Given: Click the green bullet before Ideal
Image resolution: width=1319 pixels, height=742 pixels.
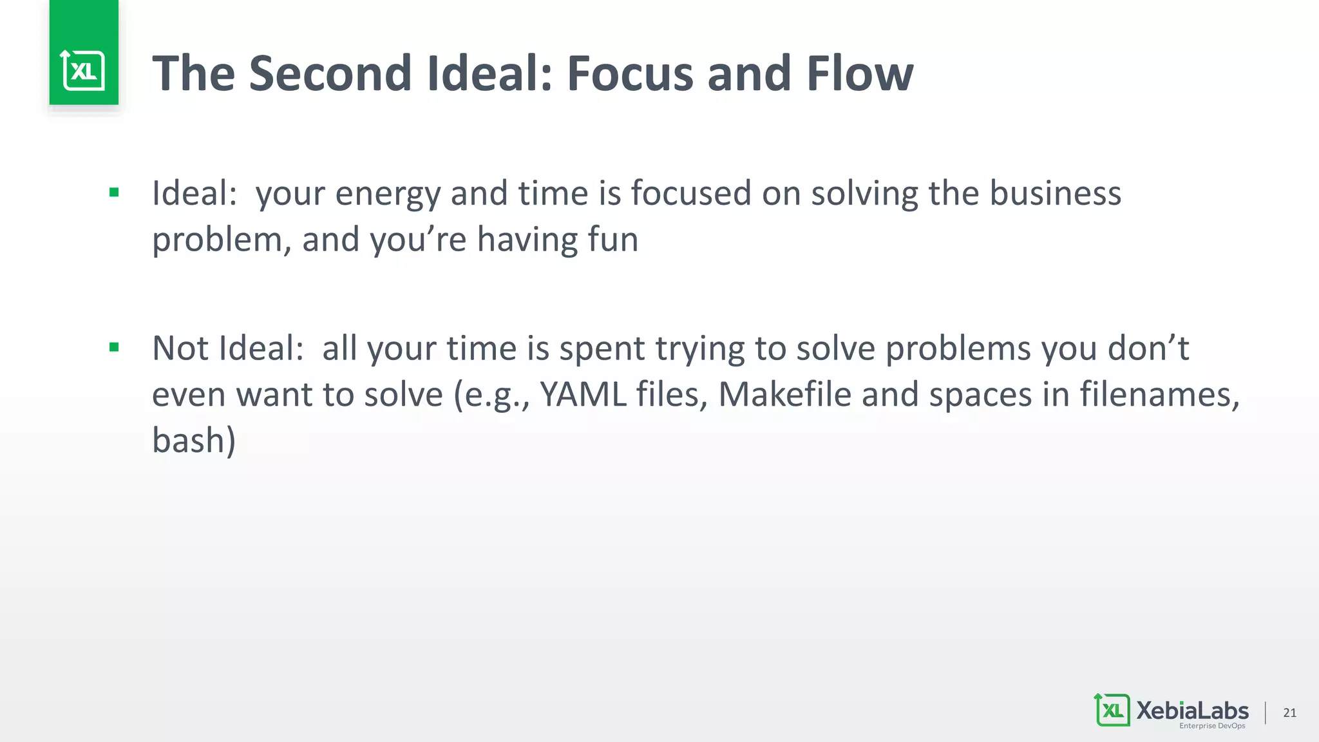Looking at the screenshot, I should click(x=114, y=192).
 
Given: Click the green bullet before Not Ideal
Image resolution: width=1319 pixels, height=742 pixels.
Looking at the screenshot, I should click(x=114, y=348).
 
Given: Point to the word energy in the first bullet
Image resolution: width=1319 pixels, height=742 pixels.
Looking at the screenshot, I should click(x=387, y=194).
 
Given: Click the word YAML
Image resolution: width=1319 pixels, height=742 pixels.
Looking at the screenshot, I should click(x=583, y=394).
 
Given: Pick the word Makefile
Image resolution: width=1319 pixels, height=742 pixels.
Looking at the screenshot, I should click(x=784, y=394).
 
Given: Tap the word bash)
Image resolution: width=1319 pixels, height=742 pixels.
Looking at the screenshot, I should click(x=194, y=441).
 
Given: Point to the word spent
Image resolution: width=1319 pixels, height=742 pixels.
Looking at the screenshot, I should click(x=602, y=349).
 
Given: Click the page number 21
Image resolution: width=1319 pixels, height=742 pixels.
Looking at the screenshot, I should click(x=1289, y=712).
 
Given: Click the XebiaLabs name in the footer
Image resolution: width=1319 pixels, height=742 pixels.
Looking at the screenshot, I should click(x=1192, y=710).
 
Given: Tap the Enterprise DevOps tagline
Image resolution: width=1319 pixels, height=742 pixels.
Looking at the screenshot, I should click(x=1211, y=726).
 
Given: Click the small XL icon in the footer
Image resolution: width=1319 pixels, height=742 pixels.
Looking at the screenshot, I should click(x=1112, y=710).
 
